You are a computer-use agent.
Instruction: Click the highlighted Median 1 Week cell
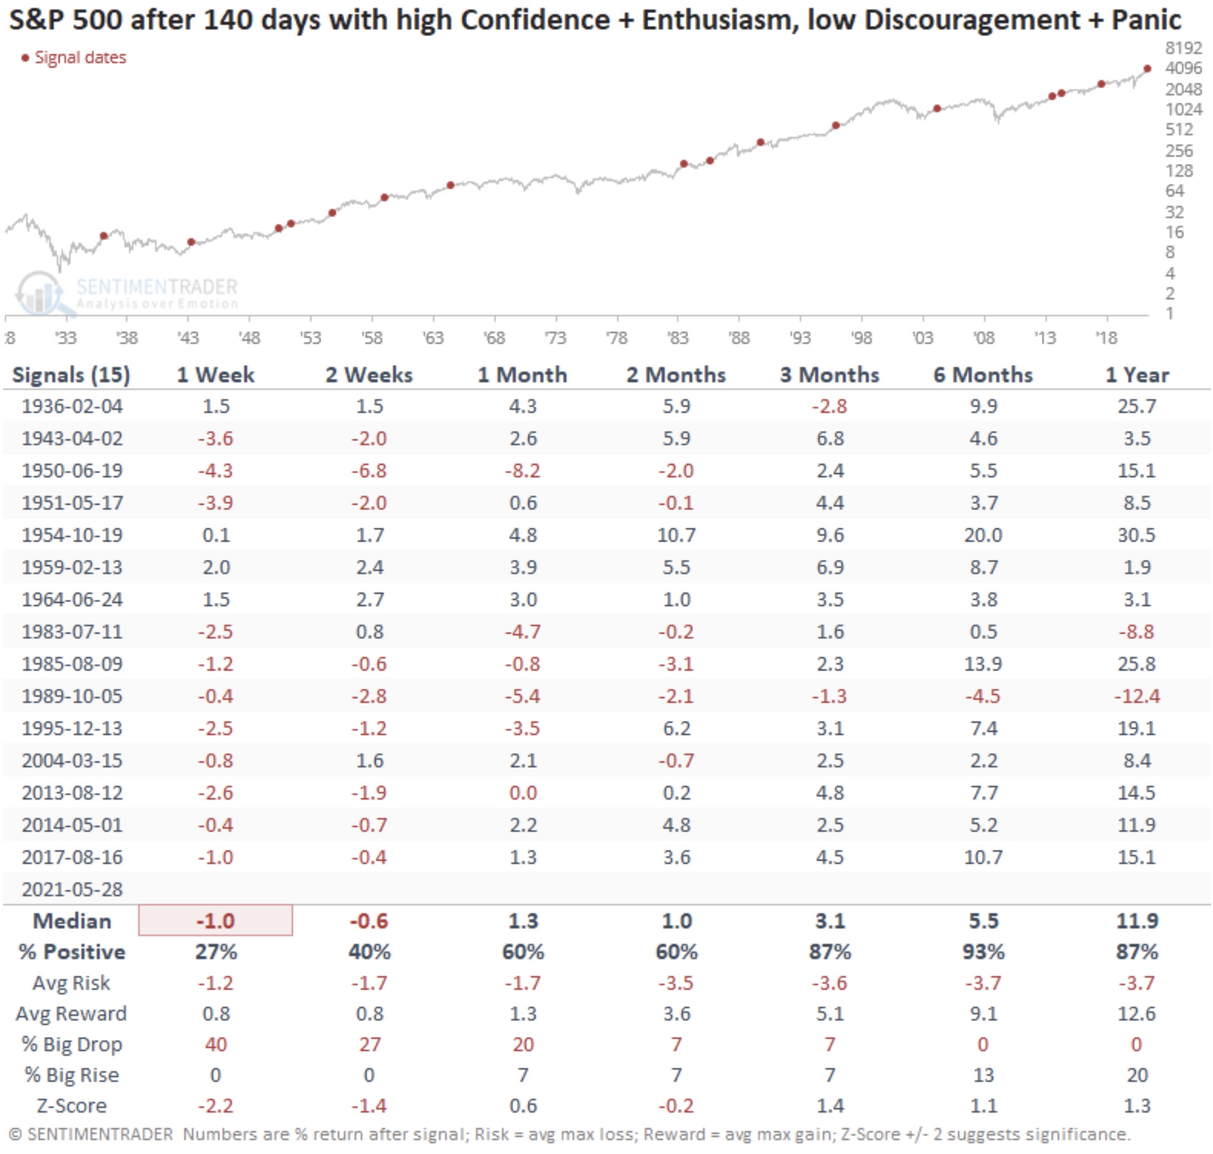pos(215,921)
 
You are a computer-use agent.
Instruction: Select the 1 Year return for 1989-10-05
pos(1137,695)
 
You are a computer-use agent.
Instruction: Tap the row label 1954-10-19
pos(72,535)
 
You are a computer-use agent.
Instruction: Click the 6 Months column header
pos(983,374)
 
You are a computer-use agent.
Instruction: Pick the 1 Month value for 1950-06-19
pos(523,471)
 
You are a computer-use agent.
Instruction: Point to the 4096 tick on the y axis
pos(1183,68)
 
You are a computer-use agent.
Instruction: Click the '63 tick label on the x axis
pos(433,338)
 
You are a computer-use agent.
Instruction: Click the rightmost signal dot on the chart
pos(1147,69)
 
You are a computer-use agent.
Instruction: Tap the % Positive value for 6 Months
pos(983,951)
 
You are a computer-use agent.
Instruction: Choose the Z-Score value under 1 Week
pos(215,1106)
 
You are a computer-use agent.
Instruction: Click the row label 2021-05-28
pos(72,889)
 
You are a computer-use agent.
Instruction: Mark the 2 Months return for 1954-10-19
pos(676,535)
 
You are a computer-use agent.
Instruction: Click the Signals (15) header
pos(71,374)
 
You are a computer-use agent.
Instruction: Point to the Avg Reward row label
pos(71,1013)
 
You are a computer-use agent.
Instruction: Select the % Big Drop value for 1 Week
pos(215,1044)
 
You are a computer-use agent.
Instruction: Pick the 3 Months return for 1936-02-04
pos(829,406)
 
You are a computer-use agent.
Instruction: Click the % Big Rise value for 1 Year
pos(1137,1075)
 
